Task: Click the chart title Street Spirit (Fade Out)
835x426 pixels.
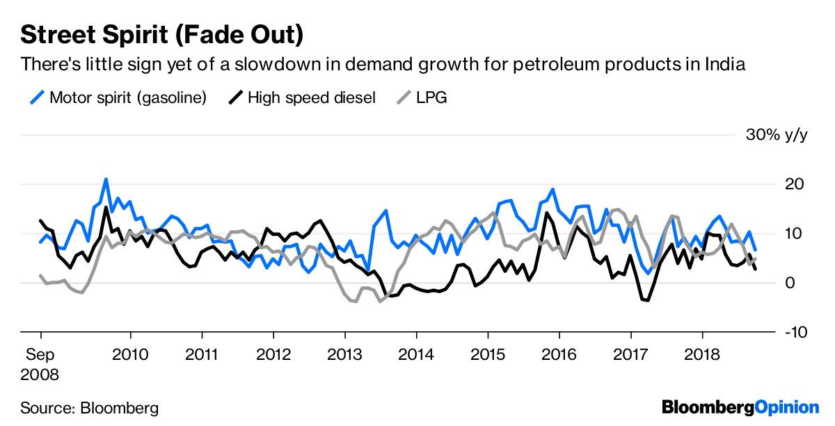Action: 161,33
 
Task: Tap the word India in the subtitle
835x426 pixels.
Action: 724,65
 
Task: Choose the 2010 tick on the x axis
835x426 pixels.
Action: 130,355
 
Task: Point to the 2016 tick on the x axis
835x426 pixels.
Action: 559,355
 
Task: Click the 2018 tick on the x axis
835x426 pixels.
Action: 701,355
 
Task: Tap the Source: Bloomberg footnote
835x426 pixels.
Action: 90,407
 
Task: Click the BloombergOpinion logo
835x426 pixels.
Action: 740,407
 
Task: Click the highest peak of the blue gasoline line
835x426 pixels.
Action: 106,180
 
